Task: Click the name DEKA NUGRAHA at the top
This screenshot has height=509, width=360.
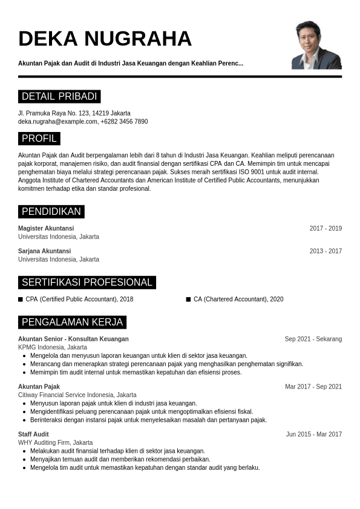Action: pos(105,38)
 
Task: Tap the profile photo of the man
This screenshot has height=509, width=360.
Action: pos(316,45)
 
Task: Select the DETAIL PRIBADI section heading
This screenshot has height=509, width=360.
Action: pos(59,97)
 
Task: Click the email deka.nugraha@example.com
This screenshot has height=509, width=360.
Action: pos(57,122)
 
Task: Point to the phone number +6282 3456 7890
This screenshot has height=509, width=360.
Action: pos(124,122)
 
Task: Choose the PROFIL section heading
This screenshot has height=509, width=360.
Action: pos(39,139)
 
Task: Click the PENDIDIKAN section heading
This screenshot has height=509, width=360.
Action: pos(51,212)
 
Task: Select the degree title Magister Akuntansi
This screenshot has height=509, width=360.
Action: pos(46,228)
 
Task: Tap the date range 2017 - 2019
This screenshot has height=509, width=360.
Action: pos(326,228)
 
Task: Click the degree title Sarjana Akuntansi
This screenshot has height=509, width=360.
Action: pos(44,251)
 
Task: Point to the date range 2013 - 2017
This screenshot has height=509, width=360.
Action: pos(326,251)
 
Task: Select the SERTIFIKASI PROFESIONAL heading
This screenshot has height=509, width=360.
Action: pos(87,283)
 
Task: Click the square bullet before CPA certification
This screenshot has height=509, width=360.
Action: pos(21,299)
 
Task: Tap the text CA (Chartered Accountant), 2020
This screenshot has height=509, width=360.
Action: pos(238,299)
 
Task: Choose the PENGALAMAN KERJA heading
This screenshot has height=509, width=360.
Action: pos(72,322)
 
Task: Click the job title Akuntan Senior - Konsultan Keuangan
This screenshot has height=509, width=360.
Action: pos(73,339)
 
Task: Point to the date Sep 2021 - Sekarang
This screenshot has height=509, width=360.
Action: pos(313,339)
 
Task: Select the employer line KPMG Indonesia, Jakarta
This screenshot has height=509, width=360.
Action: pos(53,347)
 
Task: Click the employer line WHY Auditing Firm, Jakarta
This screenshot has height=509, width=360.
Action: pos(56,442)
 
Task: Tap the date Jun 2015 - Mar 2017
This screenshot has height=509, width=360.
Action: pos(314,434)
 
